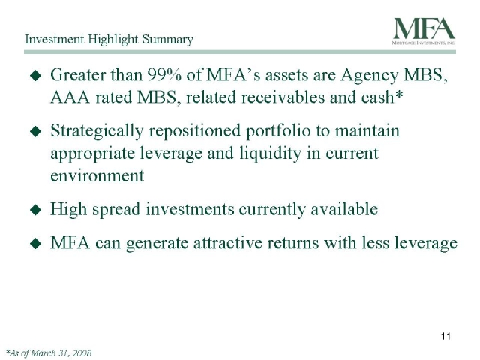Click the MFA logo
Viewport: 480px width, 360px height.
pos(424,31)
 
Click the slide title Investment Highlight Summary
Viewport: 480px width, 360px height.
pos(109,40)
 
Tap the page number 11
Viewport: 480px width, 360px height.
pos(445,336)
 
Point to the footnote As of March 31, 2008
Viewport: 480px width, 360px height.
pos(49,353)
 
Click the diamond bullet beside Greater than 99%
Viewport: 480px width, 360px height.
pos(35,76)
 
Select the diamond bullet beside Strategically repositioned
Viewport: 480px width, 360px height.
pos(35,132)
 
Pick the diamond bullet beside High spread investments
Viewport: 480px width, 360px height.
pos(35,210)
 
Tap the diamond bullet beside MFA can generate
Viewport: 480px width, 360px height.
pos(35,244)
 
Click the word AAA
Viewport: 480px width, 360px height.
pos(70,97)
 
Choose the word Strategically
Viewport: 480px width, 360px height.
pos(97,132)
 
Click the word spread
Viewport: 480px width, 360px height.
pos(116,210)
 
